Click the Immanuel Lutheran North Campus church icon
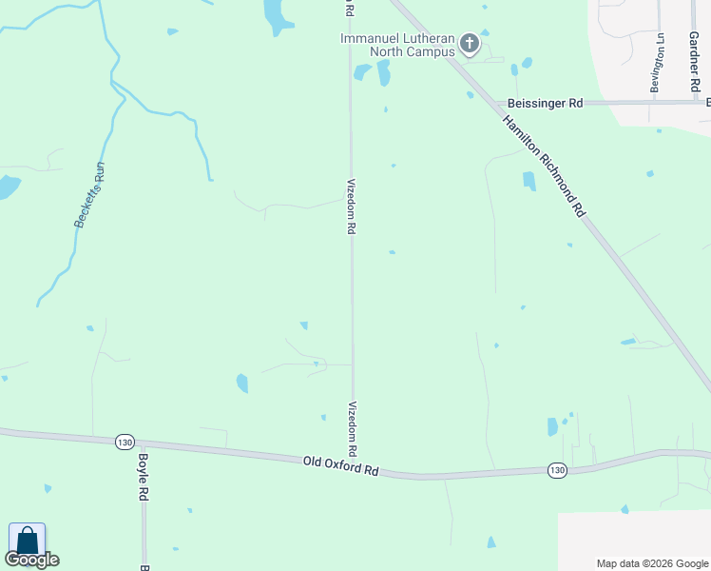point(470,43)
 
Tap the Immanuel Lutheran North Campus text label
point(398,45)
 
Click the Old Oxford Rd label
point(341,465)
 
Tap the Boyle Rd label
point(144,476)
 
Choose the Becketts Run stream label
point(88,195)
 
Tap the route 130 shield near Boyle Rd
point(125,442)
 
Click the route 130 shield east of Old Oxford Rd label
point(559,470)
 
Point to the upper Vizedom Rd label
point(351,206)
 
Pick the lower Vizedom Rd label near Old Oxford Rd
point(353,427)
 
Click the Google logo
point(31,560)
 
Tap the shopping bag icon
point(28,540)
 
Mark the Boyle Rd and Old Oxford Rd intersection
point(143,445)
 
